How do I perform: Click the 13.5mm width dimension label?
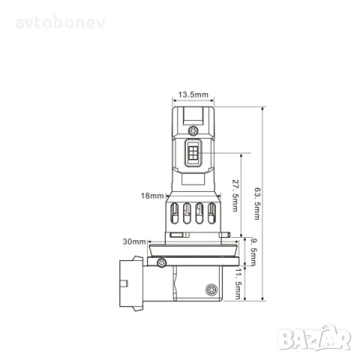[x=193, y=95]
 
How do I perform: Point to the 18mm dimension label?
[x=152, y=196]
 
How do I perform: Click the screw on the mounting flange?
[x=162, y=261]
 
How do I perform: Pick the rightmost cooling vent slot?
[x=211, y=214]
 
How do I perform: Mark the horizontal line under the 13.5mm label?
[x=193, y=102]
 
